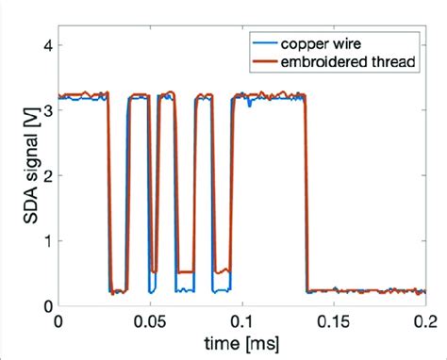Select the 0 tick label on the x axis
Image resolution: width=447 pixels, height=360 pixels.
[59, 321]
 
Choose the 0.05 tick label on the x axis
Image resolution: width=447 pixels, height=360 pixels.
[151, 321]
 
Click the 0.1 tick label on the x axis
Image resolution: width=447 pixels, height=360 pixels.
[242, 321]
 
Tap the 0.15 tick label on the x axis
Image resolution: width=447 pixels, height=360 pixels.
[334, 321]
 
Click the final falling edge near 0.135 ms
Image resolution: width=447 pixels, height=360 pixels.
[306, 188]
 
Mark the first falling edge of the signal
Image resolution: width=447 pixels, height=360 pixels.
[108, 188]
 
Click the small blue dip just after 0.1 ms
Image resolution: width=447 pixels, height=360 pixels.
[250, 106]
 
